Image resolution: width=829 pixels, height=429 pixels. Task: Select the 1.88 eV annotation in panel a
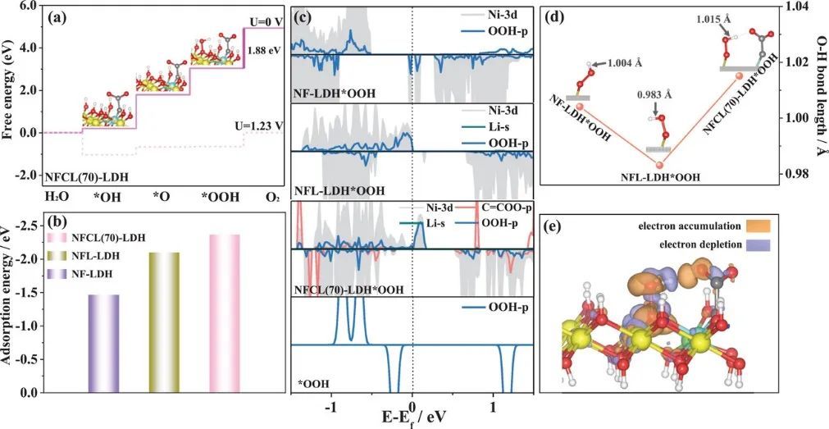(x=265, y=50)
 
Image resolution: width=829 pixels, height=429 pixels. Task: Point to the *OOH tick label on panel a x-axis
(x=215, y=198)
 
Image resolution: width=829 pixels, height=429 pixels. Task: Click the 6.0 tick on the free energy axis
(x=26, y=6)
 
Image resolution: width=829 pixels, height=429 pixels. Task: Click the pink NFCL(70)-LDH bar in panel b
(x=224, y=313)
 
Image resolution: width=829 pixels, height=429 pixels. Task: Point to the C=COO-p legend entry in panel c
(x=500, y=208)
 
